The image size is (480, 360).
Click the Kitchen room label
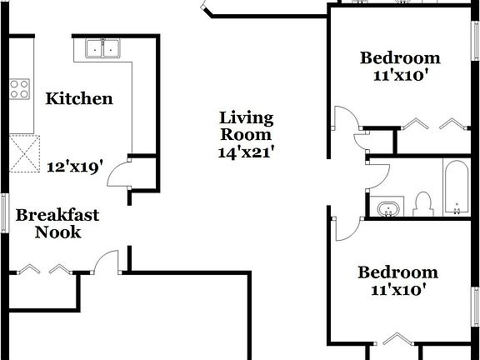(x=78, y=99)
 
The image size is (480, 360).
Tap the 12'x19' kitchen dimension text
(x=75, y=166)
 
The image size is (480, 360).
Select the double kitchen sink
(x=104, y=50)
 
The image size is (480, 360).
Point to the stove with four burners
(x=18, y=89)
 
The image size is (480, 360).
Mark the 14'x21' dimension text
(x=246, y=152)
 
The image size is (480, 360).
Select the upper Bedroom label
(x=399, y=57)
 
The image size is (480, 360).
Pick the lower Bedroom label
(x=397, y=272)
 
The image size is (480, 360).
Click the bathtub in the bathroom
(x=456, y=188)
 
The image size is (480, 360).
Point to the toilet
(x=423, y=203)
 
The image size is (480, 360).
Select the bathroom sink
(x=387, y=208)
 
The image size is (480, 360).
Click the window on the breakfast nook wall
(x=5, y=216)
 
